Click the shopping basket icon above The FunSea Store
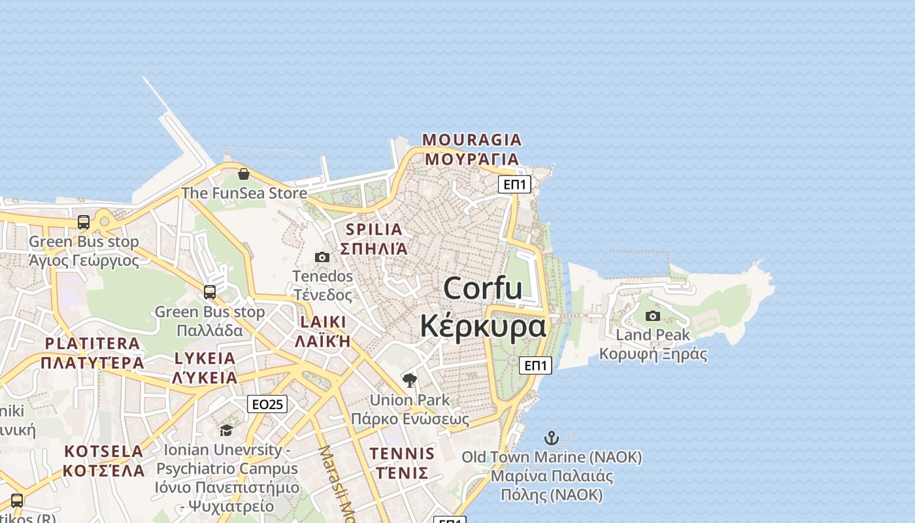(244, 174)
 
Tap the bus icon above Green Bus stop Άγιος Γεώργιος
(84, 222)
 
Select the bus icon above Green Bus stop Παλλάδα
(210, 292)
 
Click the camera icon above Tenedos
(322, 258)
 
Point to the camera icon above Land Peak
(653, 316)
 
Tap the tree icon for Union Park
(410, 380)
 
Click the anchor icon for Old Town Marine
(552, 438)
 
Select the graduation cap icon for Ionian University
(226, 430)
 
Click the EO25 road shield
(267, 404)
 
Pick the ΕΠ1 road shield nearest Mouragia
(514, 184)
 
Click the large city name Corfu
(483, 288)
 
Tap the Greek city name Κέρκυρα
(483, 326)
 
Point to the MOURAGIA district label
(472, 140)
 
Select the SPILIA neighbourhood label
(374, 229)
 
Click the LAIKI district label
(323, 322)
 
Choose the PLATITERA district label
(92, 343)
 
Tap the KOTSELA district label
(104, 451)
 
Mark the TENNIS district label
(402, 454)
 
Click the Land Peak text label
(653, 335)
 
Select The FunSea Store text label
(244, 193)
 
